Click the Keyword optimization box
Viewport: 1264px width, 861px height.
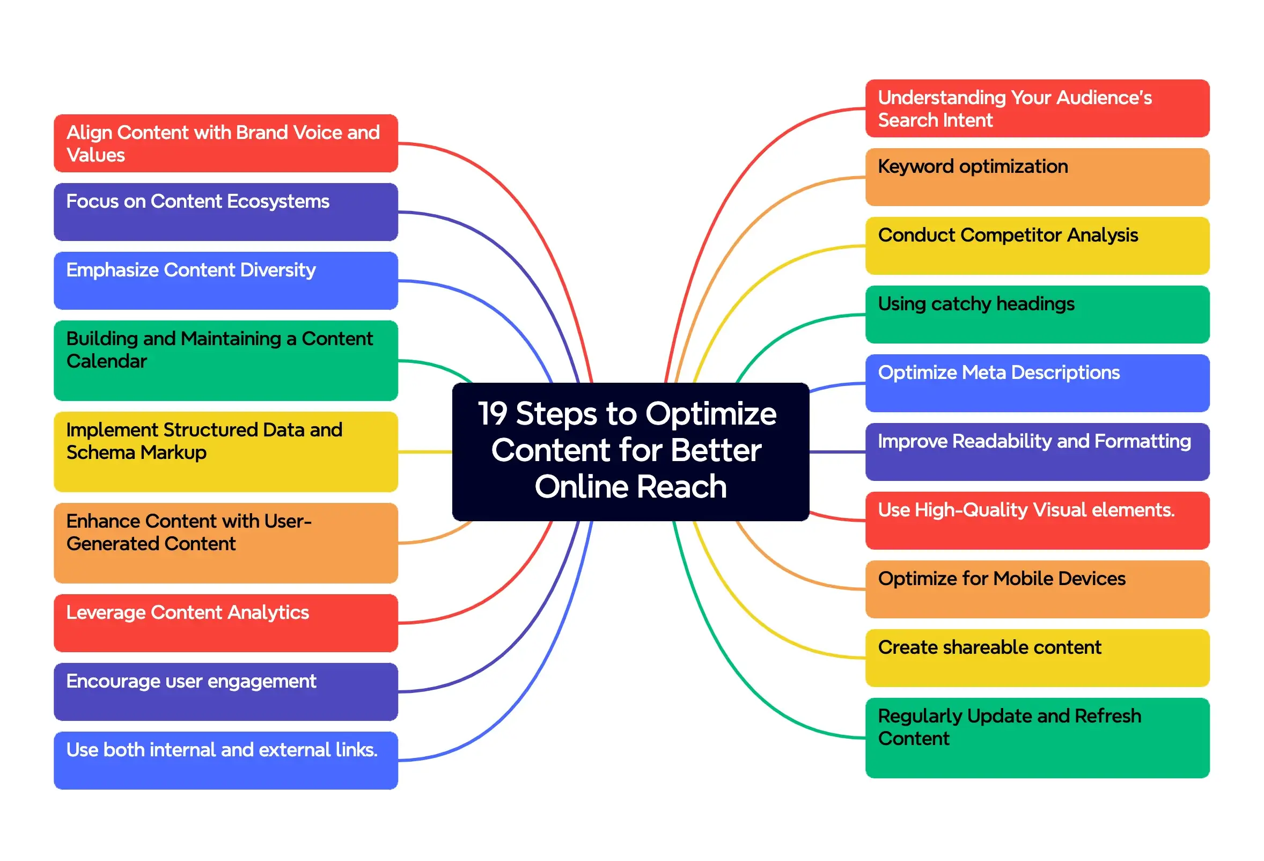1036,177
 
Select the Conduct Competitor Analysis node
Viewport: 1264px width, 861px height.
1036,245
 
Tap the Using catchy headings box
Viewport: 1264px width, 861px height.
1036,314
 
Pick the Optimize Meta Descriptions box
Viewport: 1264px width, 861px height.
1036,383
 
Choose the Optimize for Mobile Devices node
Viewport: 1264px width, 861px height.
1036,589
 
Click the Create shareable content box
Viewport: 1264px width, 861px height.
1036,658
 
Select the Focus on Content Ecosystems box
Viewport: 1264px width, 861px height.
226,211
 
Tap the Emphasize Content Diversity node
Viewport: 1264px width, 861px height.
226,280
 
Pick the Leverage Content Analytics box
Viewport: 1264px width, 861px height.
226,623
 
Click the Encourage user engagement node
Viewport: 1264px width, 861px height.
226,691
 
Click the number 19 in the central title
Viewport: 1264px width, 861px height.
492,414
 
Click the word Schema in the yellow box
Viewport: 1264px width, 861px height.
92,453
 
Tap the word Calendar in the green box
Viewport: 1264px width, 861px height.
107,361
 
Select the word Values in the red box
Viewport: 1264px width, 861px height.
95,155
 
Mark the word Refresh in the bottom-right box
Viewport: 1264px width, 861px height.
1107,716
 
